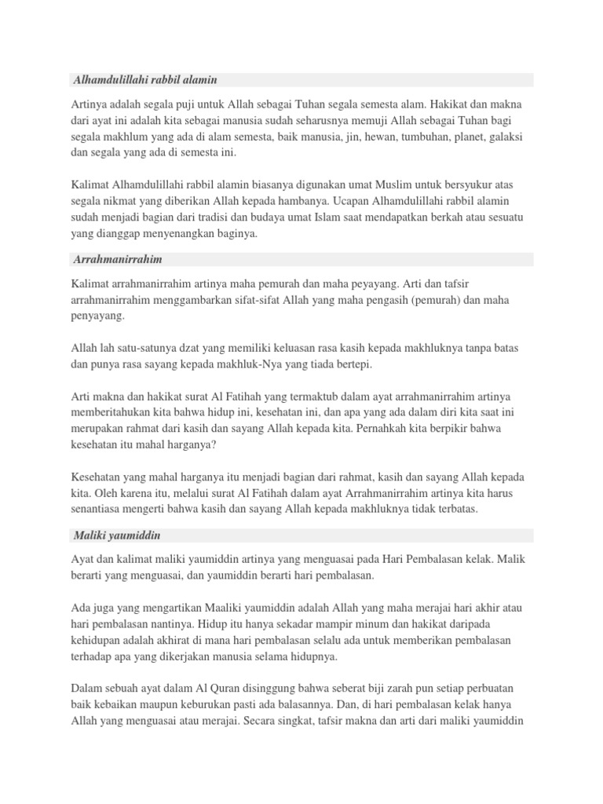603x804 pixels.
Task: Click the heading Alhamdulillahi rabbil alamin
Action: [x=144, y=80]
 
